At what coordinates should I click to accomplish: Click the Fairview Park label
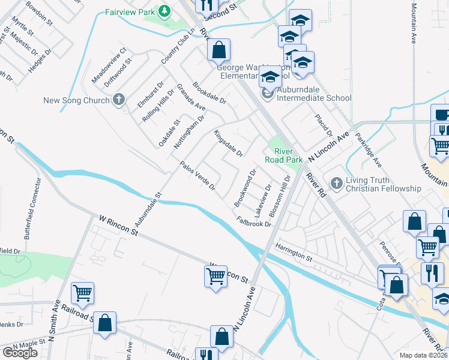(x=129, y=11)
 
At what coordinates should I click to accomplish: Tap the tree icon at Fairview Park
(x=164, y=11)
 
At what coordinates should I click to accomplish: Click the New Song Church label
(x=77, y=100)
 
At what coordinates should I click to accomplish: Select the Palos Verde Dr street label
(x=197, y=176)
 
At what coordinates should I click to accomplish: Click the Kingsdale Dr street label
(x=228, y=145)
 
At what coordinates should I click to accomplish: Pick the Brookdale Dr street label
(x=209, y=92)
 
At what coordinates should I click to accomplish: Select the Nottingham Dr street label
(x=189, y=133)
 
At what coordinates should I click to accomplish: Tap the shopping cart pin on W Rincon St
(x=215, y=277)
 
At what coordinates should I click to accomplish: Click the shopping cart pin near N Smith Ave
(x=82, y=293)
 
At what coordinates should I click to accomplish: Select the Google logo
(x=20, y=353)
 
